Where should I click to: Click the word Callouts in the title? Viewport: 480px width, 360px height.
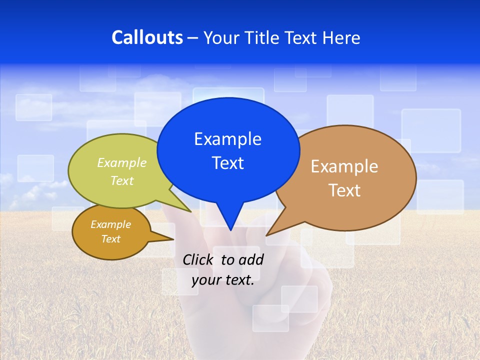147,37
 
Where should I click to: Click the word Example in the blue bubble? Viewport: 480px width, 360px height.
227,139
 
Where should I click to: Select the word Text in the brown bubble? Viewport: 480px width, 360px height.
344,190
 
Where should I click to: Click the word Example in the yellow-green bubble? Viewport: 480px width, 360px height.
122,163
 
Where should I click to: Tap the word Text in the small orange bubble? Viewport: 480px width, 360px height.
111,239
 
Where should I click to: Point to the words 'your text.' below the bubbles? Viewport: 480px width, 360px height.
223,280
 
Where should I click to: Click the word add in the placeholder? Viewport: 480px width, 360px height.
250,259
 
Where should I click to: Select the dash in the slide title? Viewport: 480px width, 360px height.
193,38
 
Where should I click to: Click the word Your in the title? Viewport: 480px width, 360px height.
220,37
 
